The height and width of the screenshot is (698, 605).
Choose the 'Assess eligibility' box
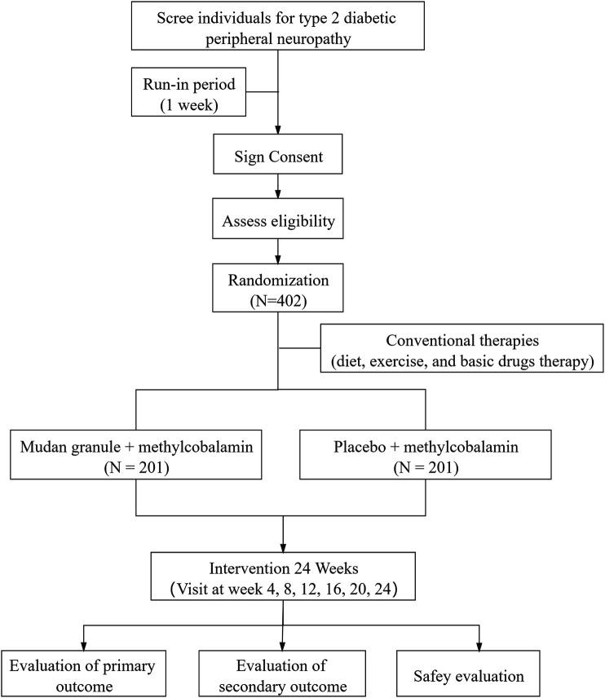[280, 219]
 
